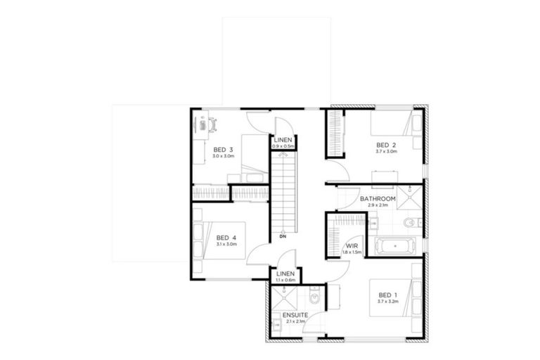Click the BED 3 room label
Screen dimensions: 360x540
(223, 150)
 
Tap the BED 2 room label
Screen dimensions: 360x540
(386, 145)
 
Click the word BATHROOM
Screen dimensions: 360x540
(378, 199)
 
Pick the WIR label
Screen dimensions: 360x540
(352, 245)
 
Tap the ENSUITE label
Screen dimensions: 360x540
(295, 315)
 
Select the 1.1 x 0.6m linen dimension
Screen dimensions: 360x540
(285, 280)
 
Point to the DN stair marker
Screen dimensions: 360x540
(283, 236)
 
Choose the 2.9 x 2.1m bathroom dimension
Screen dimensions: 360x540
(378, 206)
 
